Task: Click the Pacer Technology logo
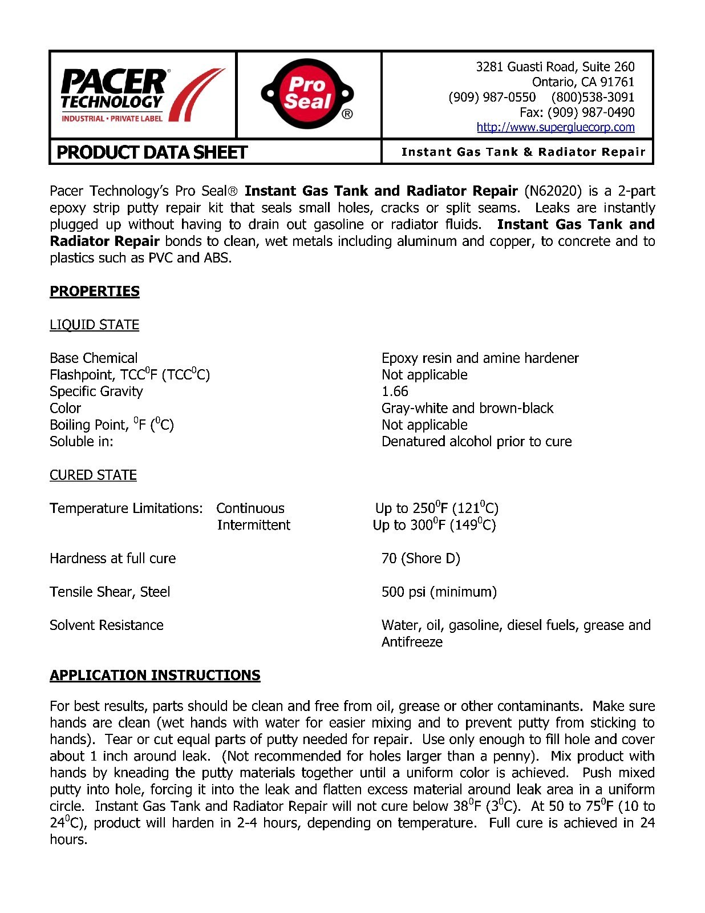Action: [x=143, y=95]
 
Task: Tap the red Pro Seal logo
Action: [x=308, y=94]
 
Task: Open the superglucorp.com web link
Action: [x=555, y=127]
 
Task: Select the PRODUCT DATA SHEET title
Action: [x=152, y=152]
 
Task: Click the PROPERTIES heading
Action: [x=95, y=291]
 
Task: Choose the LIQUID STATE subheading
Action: [x=95, y=325]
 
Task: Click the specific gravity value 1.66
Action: [x=395, y=391]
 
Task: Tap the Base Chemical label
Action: [x=94, y=358]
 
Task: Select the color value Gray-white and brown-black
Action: [x=467, y=408]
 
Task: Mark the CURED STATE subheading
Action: [x=93, y=475]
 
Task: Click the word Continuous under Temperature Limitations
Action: [x=250, y=508]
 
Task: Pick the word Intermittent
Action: [x=254, y=525]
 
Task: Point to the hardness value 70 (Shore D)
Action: [x=420, y=558]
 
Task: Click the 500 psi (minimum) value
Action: [x=439, y=592]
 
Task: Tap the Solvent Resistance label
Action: [x=107, y=625]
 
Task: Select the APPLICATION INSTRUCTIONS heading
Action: [x=155, y=676]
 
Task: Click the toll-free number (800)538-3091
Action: [x=593, y=97]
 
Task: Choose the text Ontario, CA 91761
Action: [x=583, y=82]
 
